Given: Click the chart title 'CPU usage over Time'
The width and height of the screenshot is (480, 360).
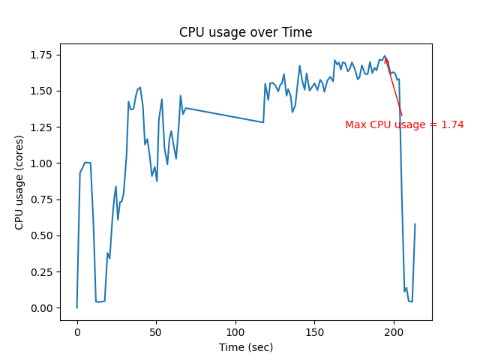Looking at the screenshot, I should (x=245, y=32).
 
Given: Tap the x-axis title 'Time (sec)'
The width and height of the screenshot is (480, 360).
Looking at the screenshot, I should (x=245, y=347).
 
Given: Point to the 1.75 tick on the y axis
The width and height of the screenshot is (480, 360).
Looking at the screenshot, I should (x=42, y=55).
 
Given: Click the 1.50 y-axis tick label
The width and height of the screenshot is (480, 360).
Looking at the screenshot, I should (x=42, y=91).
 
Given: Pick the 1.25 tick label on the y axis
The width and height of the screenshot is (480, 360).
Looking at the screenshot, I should (x=42, y=127).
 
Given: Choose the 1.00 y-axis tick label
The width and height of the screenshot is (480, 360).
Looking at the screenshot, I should (x=42, y=163).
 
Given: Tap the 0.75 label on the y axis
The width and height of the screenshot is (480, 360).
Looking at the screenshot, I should (x=42, y=199).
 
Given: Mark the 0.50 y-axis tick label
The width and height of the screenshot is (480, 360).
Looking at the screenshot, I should (x=42, y=235).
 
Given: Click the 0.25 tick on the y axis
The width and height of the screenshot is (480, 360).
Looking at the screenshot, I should (x=42, y=272).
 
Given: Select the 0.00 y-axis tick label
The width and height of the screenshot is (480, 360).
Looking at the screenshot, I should (x=42, y=308).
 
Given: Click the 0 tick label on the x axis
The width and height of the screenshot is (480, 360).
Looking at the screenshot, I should (x=77, y=331).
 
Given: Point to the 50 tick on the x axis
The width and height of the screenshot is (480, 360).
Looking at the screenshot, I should (x=157, y=331).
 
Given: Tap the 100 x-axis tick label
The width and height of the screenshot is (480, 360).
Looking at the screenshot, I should (x=236, y=331).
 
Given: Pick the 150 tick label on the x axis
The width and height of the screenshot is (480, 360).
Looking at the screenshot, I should (x=315, y=331).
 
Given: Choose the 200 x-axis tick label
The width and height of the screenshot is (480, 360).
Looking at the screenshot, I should (x=394, y=331).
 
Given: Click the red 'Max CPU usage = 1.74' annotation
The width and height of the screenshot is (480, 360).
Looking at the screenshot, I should (x=404, y=124).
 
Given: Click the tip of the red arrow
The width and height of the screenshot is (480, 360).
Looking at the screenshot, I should (x=385, y=57).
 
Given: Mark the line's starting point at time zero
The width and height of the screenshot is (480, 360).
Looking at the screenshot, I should (x=77, y=307).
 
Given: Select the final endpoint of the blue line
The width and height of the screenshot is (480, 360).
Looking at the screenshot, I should (x=415, y=224).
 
